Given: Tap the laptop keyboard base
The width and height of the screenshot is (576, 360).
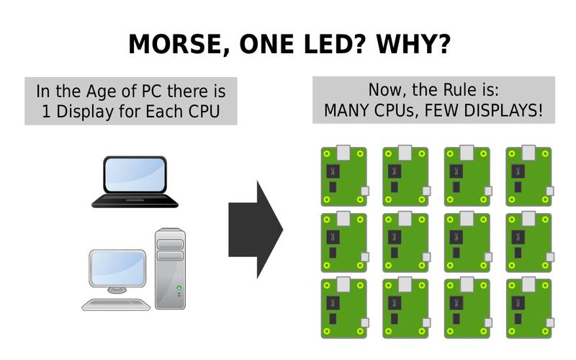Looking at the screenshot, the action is pos(135,201).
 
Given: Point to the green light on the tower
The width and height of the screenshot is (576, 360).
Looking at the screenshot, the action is pos(179,288).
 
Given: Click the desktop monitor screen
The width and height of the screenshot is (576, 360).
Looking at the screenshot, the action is pos(117,268).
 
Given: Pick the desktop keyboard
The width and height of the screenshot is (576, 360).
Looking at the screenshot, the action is pos(117,303).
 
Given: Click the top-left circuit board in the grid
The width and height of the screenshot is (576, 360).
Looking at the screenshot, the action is pos(343,176).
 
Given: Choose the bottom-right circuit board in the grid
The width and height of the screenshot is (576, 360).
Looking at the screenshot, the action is pos(528,308).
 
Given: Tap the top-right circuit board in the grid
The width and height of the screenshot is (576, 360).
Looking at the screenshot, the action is pos(528,176).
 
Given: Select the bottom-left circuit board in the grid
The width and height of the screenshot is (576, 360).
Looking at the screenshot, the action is pos(343,308).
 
